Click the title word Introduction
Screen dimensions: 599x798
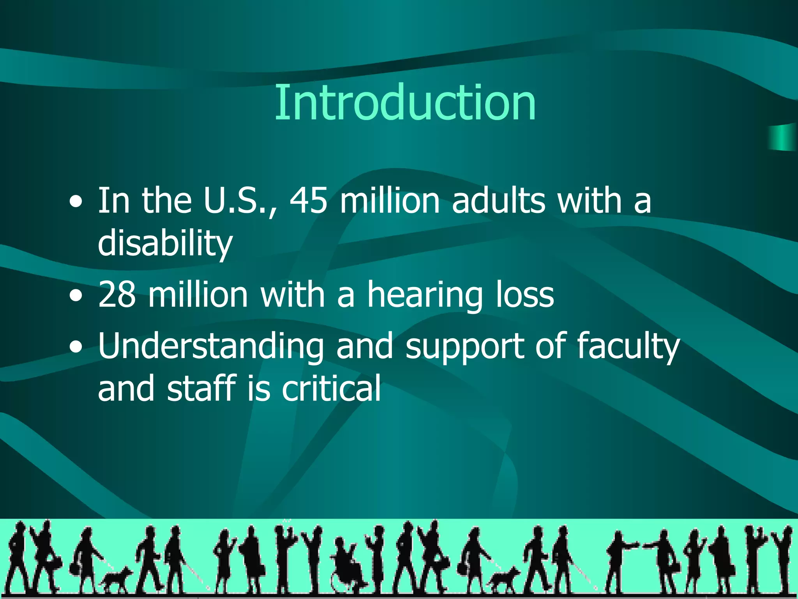[x=405, y=103]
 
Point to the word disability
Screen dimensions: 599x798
[x=165, y=244]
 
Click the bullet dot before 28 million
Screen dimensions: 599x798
[x=76, y=296]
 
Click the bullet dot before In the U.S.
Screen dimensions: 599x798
[x=76, y=202]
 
